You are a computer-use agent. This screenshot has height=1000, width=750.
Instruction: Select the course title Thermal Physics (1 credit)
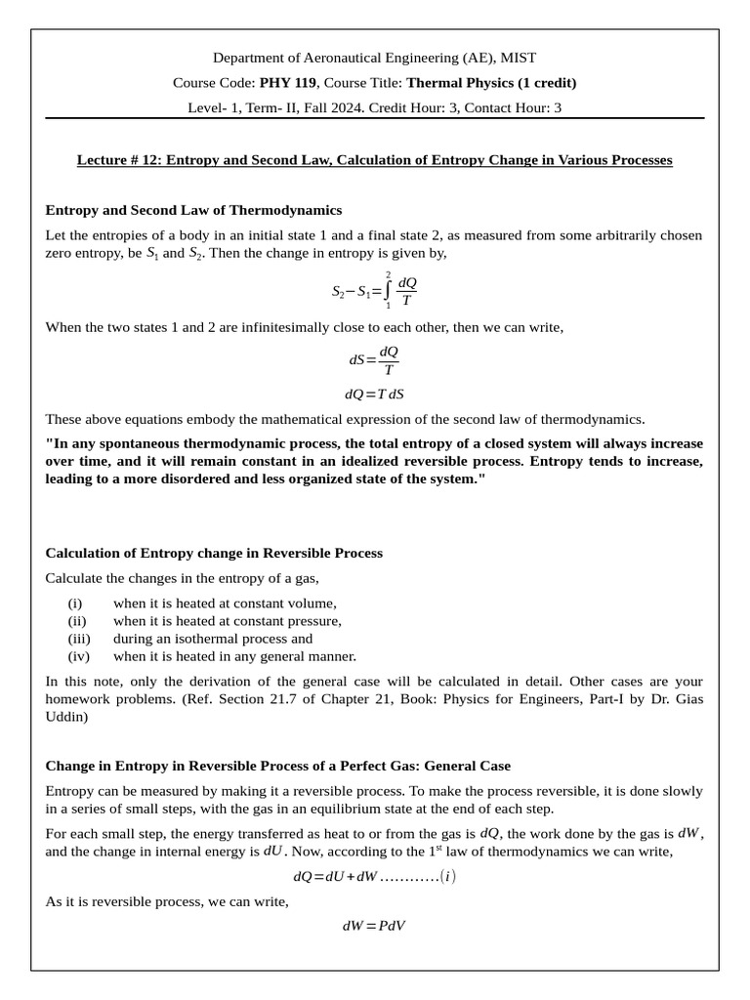tap(491, 83)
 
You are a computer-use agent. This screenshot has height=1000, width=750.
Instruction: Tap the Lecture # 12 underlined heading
tap(374, 159)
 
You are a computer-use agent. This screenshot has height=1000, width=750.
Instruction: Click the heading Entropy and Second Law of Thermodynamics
tap(193, 210)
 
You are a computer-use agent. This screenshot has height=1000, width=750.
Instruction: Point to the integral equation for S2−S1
tap(374, 291)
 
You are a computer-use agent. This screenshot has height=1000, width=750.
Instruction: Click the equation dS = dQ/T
tap(374, 359)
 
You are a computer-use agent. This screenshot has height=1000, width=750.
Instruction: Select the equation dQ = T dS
tap(374, 395)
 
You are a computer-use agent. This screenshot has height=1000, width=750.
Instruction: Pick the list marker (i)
tap(75, 604)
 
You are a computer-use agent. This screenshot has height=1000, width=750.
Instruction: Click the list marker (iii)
tap(80, 639)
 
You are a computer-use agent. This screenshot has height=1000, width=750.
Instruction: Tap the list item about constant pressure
tap(227, 621)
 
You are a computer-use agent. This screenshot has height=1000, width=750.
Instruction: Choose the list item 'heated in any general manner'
tap(234, 656)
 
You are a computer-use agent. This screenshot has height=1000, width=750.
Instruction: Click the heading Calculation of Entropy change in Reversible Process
tap(214, 553)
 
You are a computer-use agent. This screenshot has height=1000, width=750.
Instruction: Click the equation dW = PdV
tap(374, 925)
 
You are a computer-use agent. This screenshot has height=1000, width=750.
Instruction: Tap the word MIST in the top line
tap(518, 59)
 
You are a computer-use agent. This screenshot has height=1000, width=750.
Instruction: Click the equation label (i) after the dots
tap(447, 877)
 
